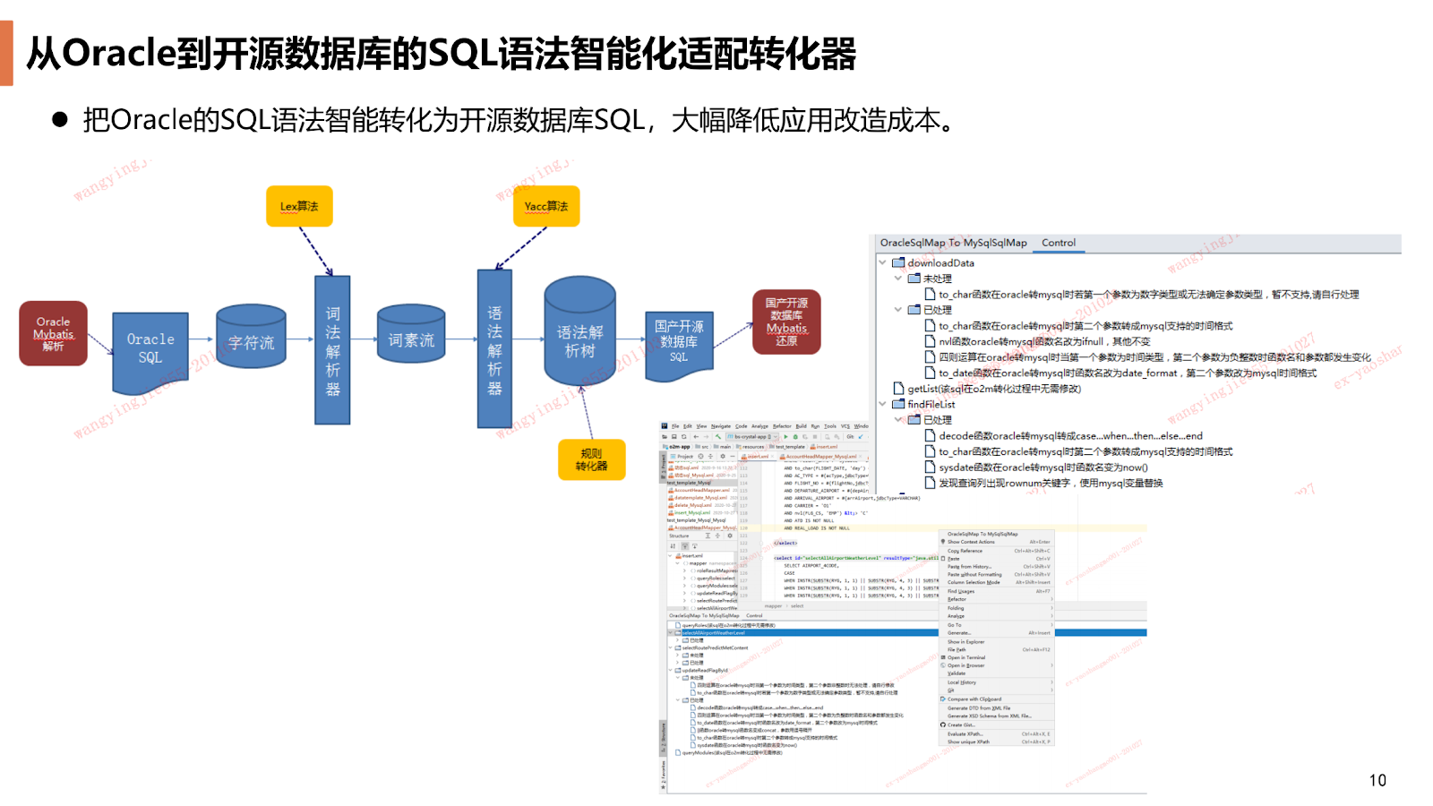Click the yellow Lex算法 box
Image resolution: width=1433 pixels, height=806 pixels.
(x=299, y=206)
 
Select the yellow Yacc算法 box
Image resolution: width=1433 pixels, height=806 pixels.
(x=546, y=206)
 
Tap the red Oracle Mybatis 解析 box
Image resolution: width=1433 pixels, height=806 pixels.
(x=53, y=333)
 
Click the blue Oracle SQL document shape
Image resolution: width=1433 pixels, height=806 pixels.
(x=150, y=349)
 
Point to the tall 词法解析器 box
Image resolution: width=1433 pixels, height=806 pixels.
(x=332, y=350)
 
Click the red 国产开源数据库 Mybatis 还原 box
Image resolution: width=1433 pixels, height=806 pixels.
(x=786, y=322)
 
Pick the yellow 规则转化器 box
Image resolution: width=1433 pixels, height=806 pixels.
(x=591, y=459)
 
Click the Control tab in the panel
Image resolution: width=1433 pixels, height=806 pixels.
(x=1058, y=243)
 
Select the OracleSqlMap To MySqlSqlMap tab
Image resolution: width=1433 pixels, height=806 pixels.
(x=953, y=243)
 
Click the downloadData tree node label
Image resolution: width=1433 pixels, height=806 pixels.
(x=940, y=263)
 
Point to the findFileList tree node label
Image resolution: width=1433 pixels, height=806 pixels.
(x=931, y=404)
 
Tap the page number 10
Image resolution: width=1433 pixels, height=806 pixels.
(x=1377, y=780)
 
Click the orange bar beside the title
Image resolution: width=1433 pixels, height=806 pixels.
(x=6, y=53)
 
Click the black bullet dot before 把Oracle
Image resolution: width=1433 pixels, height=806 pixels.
(x=60, y=120)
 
